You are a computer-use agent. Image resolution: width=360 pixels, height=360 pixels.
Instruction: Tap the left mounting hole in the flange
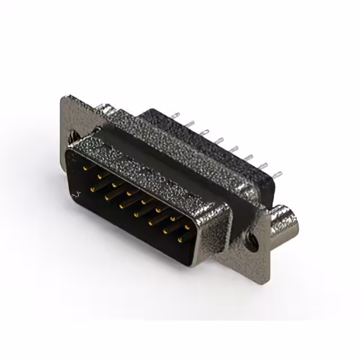(x=73, y=136)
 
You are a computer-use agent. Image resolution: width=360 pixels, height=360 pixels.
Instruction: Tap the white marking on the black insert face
(x=77, y=194)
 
